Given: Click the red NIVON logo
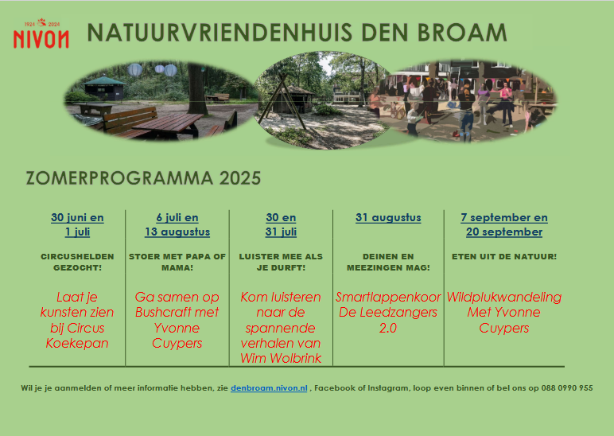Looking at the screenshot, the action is coord(41,33).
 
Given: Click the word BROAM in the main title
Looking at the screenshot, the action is coord(462,33).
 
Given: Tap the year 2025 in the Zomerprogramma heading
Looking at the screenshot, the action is coord(240,178).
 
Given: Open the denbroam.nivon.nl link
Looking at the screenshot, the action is coord(269,388).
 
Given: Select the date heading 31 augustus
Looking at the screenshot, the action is coord(388,218).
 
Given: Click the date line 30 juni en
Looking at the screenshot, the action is coord(77,218).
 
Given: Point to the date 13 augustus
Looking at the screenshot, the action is coord(177,232).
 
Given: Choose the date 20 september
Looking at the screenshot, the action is coord(504,232).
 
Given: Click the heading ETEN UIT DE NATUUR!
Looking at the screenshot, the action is coord(504,256).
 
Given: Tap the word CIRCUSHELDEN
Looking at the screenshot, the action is coord(77,256).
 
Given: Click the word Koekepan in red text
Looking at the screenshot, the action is coord(77,343).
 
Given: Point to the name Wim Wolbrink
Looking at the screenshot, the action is coord(281,358).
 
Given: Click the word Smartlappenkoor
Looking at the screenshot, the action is coord(388,298).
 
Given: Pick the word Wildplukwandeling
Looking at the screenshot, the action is coord(504,298).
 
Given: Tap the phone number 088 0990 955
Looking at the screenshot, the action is coord(567,388).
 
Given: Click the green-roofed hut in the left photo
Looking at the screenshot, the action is coord(103,88).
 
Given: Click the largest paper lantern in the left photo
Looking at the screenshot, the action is coord(134,70).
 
